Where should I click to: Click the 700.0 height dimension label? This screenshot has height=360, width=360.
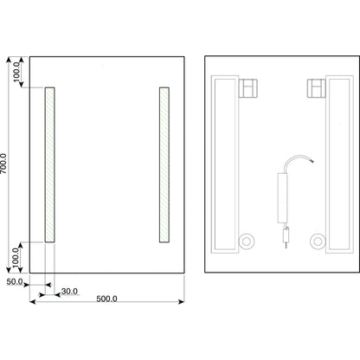(x=3, y=164)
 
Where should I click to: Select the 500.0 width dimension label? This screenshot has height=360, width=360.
(x=106, y=299)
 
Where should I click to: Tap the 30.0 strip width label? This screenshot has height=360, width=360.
(x=69, y=292)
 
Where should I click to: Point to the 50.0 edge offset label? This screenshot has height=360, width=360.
(x=15, y=281)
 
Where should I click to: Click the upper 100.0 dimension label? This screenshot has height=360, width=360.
(x=16, y=72)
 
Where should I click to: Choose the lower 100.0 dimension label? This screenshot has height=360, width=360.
(x=16, y=258)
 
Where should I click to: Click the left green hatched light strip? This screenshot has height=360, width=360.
(x=49, y=164)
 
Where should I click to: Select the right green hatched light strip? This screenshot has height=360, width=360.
(x=164, y=164)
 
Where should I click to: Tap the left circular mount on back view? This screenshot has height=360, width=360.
(x=247, y=241)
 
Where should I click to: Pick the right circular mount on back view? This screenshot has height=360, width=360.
(x=318, y=241)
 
